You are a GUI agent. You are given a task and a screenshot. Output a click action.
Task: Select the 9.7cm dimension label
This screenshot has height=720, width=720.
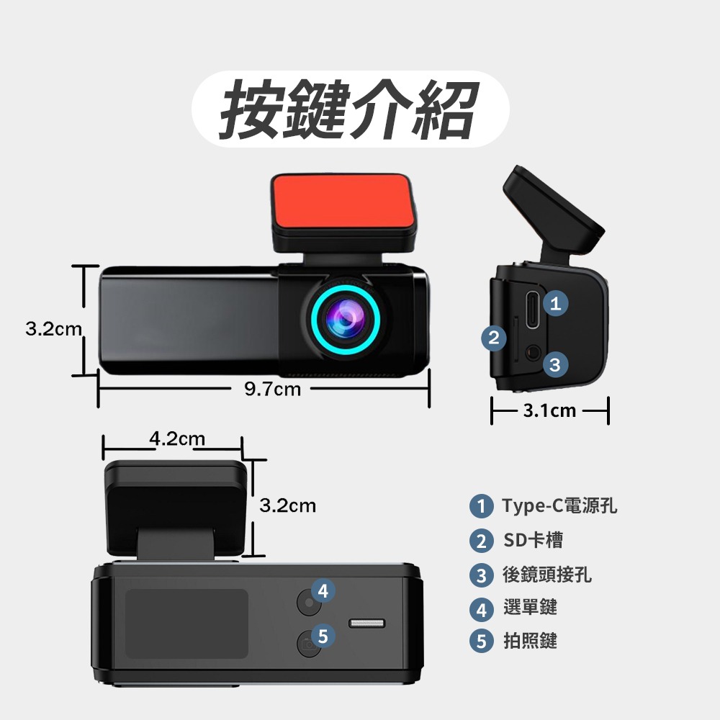(272, 390)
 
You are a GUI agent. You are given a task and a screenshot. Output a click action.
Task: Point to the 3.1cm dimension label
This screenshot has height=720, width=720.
(549, 411)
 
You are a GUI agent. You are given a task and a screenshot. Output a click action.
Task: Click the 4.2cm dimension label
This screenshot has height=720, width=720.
(177, 438)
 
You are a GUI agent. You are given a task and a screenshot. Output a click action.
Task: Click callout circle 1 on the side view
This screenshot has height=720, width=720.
(555, 304)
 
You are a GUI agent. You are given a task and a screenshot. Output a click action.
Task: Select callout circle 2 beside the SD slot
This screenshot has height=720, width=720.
(493, 338)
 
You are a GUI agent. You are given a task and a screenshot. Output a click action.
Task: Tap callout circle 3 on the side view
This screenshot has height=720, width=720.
(554, 365)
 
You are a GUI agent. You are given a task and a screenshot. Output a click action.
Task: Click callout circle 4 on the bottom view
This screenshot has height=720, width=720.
(323, 591)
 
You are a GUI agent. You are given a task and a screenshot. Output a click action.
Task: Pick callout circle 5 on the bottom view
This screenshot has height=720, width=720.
(323, 636)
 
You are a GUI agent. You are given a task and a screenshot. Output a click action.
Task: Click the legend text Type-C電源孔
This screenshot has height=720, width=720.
(559, 506)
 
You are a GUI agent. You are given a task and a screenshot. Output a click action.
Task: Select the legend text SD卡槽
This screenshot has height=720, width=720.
(533, 540)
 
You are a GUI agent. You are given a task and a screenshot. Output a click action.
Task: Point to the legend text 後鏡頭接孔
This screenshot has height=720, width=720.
(547, 575)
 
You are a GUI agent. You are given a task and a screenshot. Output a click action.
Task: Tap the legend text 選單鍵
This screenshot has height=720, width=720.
(530, 608)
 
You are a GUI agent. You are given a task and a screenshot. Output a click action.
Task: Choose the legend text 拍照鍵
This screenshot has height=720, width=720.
(530, 640)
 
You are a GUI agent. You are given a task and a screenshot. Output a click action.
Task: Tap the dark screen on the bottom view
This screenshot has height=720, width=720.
(186, 624)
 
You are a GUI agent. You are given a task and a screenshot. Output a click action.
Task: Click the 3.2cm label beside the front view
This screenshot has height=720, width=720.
(53, 329)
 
